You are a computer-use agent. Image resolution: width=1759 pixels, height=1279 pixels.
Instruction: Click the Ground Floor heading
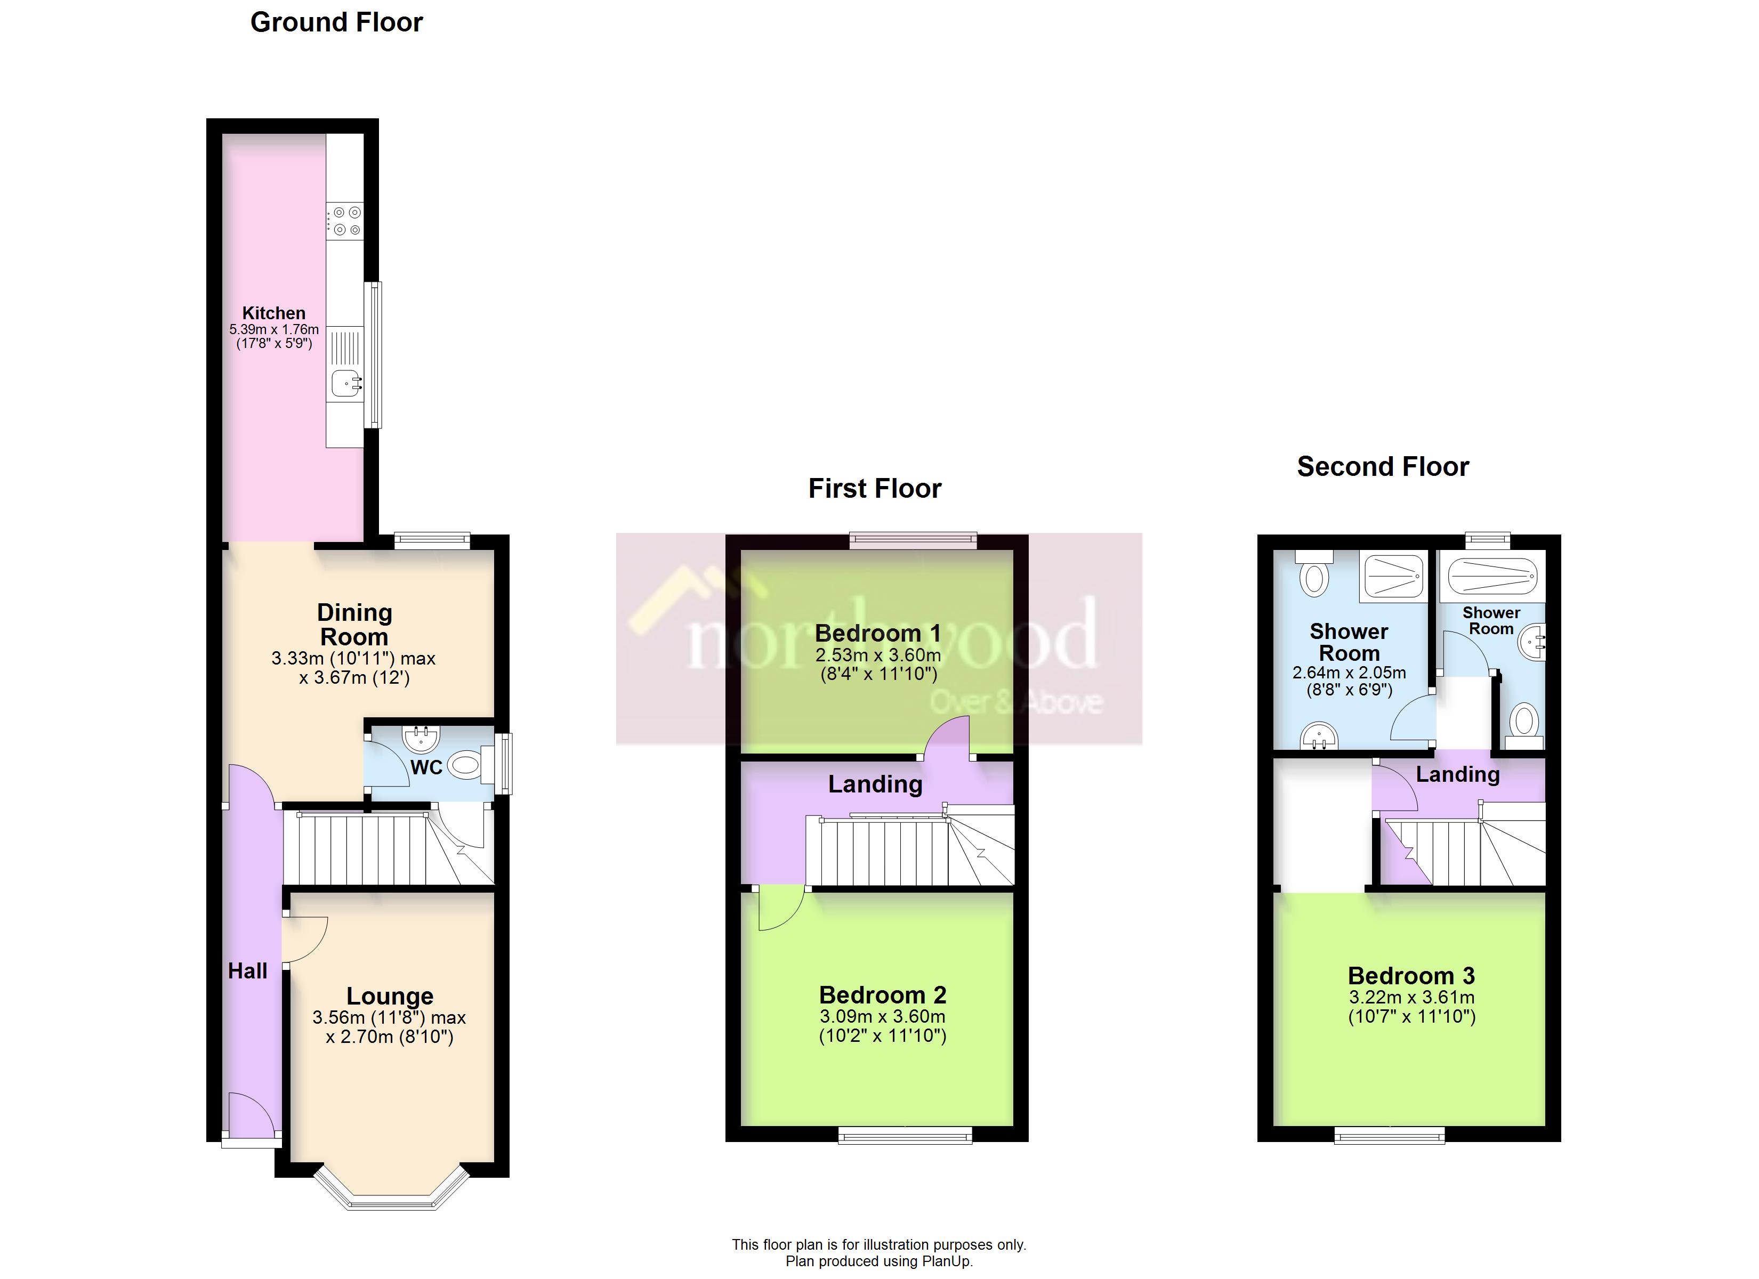point(336,22)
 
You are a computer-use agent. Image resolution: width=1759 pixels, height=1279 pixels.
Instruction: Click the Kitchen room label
point(274,313)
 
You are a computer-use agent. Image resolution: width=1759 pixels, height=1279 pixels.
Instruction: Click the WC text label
point(426,768)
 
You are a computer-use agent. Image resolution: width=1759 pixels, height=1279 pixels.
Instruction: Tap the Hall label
point(247,971)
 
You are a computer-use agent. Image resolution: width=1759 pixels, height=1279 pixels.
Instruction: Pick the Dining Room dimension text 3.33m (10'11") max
point(353,659)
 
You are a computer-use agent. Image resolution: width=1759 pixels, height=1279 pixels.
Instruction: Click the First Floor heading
point(874,489)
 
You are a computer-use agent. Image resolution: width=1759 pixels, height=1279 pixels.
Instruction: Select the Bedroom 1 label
point(877,634)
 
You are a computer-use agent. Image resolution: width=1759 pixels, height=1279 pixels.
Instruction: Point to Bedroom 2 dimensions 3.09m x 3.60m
point(883,1016)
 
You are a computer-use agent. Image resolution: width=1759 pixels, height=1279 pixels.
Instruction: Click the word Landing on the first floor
point(875,784)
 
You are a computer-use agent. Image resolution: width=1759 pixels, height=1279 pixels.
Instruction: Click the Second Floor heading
point(1383,467)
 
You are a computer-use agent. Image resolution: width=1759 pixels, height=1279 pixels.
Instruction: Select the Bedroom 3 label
point(1411,976)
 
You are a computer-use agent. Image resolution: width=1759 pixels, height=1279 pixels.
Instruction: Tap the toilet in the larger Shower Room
point(1314,578)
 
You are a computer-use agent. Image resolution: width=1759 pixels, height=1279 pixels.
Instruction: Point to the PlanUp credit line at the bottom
point(879,1261)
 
